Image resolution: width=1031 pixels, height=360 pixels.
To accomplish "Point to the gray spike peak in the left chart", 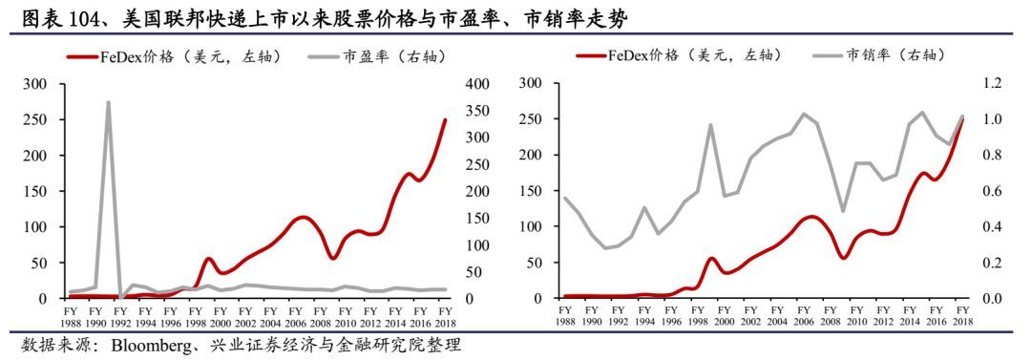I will (x=108, y=102).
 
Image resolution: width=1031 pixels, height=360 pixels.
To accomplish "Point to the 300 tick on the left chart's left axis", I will (x=36, y=84).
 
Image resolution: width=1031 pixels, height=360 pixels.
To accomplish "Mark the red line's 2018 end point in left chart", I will (x=444, y=120).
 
